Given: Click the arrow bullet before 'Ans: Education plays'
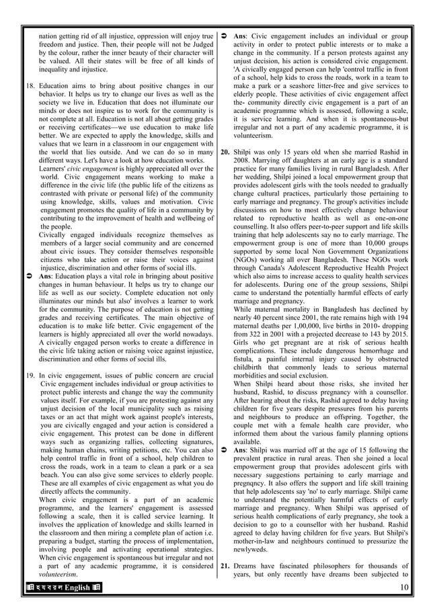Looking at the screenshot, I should pos(30,275).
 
